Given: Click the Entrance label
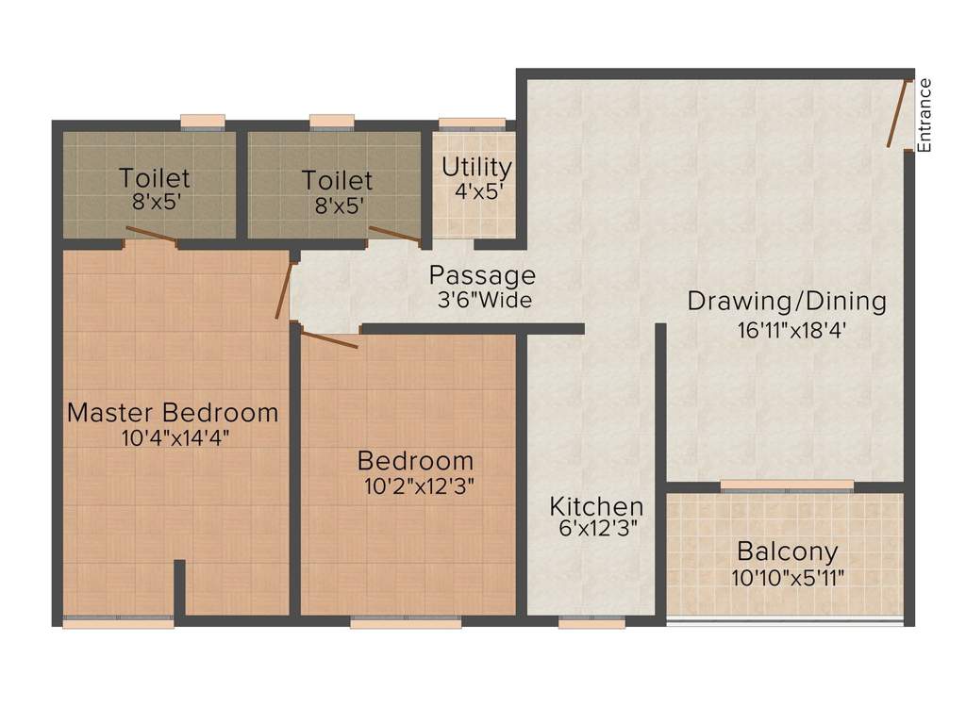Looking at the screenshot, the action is coord(924,116).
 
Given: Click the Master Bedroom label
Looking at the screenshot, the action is coord(173,413).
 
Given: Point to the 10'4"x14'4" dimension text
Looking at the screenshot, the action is coord(175,438).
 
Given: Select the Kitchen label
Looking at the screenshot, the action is coord(596,506).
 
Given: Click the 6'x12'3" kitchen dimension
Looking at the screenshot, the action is coord(597,528).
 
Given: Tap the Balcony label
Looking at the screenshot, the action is coord(788,551).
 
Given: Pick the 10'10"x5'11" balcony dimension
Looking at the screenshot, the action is coord(788,578).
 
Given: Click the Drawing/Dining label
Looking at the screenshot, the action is coord(787,301).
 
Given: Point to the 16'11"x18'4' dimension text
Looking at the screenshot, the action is coord(791,331).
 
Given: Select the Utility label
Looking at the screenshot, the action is coord(476,168).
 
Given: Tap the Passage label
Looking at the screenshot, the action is coord(482,275).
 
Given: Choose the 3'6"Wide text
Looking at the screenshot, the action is coord(485,301).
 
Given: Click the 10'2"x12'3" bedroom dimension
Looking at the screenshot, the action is coord(419,487).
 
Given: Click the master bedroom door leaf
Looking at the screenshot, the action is coord(283,291).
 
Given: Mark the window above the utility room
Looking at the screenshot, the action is coord(473,123).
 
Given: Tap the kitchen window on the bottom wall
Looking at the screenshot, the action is coord(591,622).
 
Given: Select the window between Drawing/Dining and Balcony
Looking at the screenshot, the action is coord(787,486).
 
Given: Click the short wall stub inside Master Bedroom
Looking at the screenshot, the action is coord(179,587).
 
